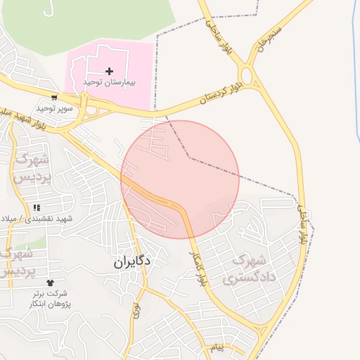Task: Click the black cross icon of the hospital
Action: (109, 71)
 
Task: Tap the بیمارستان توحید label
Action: (109, 82)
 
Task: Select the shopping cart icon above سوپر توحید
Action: (54, 98)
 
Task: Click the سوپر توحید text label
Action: (55, 108)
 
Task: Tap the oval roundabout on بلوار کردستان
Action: (246, 76)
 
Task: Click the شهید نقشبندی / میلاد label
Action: (39, 219)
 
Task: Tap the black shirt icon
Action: (49, 283)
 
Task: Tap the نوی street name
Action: (136, 307)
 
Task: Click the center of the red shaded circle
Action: (180, 179)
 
